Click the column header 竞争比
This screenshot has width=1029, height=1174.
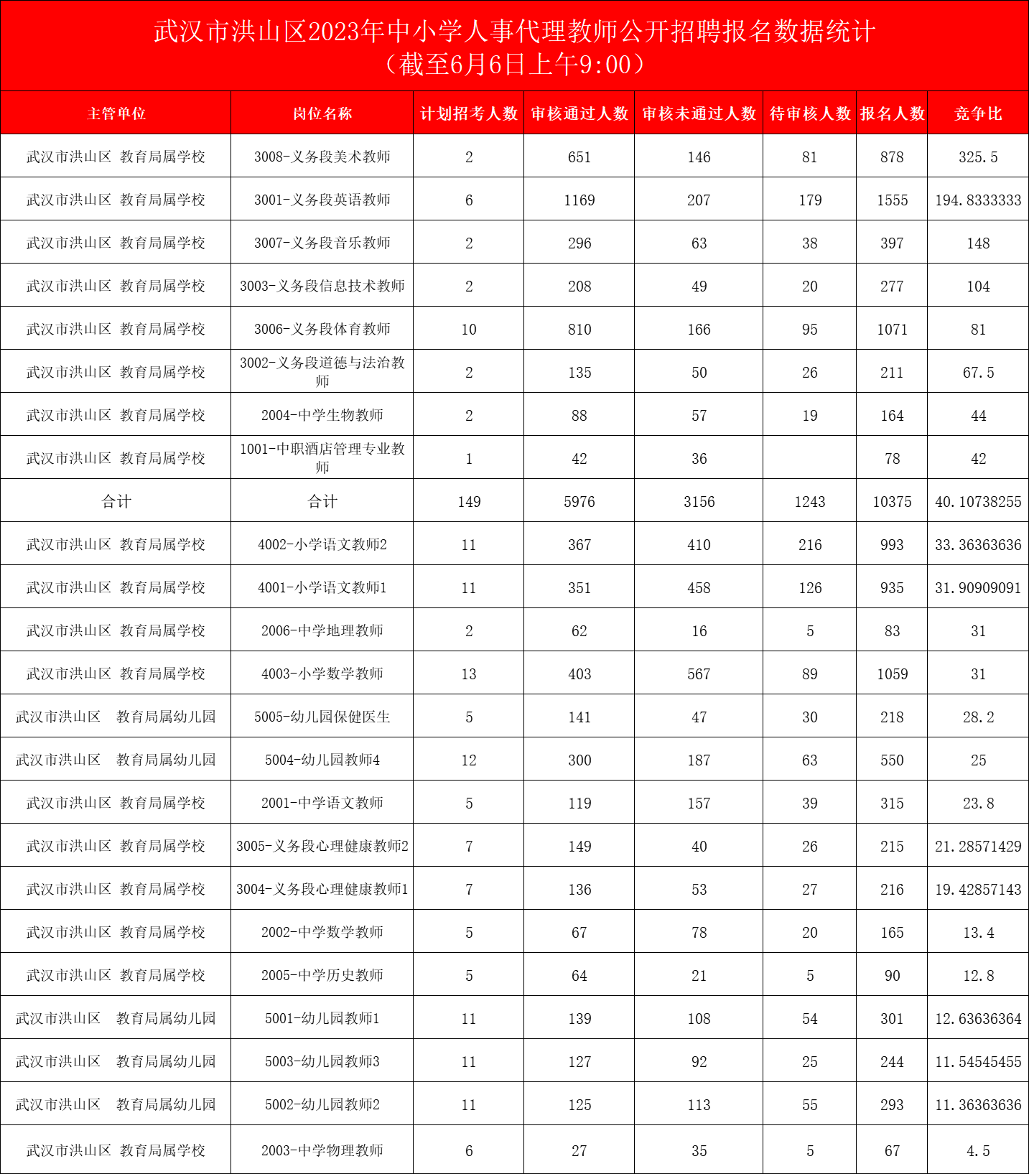pyautogui.click(x=978, y=113)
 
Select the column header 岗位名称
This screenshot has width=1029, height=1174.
pyautogui.click(x=322, y=113)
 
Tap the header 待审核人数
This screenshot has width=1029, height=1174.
pyautogui.click(x=809, y=113)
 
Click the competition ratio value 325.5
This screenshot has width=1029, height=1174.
pyautogui.click(x=978, y=157)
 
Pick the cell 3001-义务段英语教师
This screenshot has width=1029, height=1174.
pyautogui.click(x=322, y=200)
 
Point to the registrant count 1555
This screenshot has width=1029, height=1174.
pyautogui.click(x=892, y=200)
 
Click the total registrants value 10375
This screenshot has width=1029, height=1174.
pyautogui.click(x=892, y=502)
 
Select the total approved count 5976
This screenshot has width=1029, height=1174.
pyautogui.click(x=579, y=502)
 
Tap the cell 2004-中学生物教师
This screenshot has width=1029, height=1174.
pyautogui.click(x=322, y=416)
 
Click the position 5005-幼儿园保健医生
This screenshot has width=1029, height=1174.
pyautogui.click(x=322, y=717)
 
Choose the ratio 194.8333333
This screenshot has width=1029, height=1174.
pyautogui.click(x=978, y=200)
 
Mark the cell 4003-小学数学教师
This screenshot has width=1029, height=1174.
pyautogui.click(x=322, y=674)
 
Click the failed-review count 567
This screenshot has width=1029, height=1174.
pyautogui.click(x=699, y=674)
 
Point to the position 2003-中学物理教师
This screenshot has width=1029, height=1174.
pyautogui.click(x=322, y=1150)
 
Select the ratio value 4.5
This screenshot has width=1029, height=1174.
pyautogui.click(x=978, y=1150)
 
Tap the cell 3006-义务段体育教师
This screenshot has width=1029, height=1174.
pyautogui.click(x=322, y=330)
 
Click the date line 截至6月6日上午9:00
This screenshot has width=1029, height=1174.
pyautogui.click(x=514, y=65)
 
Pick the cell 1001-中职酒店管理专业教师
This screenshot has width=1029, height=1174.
pyautogui.click(x=322, y=458)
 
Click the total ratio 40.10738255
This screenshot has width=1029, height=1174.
pyautogui.click(x=978, y=502)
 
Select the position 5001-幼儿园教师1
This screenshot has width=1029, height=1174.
pyautogui.click(x=322, y=1019)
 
